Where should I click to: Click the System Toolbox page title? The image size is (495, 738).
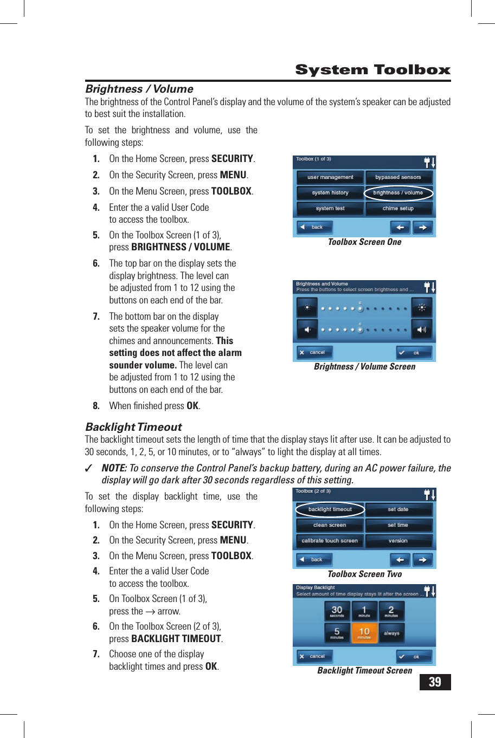point(372,70)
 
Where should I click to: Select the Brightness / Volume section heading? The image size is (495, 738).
point(139,89)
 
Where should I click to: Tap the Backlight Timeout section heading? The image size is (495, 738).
point(133,427)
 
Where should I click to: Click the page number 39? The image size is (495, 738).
point(435,682)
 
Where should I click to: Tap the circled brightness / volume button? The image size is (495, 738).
point(398,193)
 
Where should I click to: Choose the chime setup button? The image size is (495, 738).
point(398,209)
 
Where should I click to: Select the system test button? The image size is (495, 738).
point(330,209)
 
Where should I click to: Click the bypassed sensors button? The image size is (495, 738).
point(398,177)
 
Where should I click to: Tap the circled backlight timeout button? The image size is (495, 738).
point(330,509)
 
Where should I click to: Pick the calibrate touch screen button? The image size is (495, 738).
point(330,541)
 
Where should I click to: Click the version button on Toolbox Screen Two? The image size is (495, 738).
point(398,541)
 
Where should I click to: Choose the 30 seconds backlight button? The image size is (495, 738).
point(337,611)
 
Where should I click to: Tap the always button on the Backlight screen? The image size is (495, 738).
point(391,633)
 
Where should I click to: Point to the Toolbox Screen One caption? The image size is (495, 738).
point(364,242)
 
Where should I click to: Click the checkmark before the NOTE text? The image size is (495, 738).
point(89,469)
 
